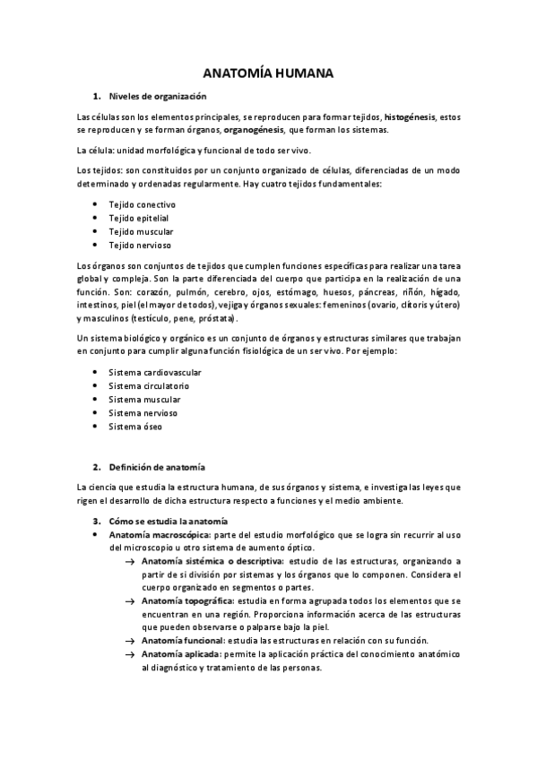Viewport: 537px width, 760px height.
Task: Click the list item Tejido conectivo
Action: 142,204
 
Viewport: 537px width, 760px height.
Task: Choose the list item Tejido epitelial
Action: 138,218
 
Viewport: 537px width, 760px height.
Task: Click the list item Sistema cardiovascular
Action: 154,372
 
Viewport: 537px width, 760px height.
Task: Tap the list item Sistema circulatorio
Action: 148,385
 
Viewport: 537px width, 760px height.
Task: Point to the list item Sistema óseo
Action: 135,427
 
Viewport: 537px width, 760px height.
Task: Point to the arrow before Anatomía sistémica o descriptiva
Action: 131,561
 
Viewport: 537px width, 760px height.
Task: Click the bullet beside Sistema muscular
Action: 95,400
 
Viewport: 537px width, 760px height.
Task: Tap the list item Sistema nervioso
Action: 143,413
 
